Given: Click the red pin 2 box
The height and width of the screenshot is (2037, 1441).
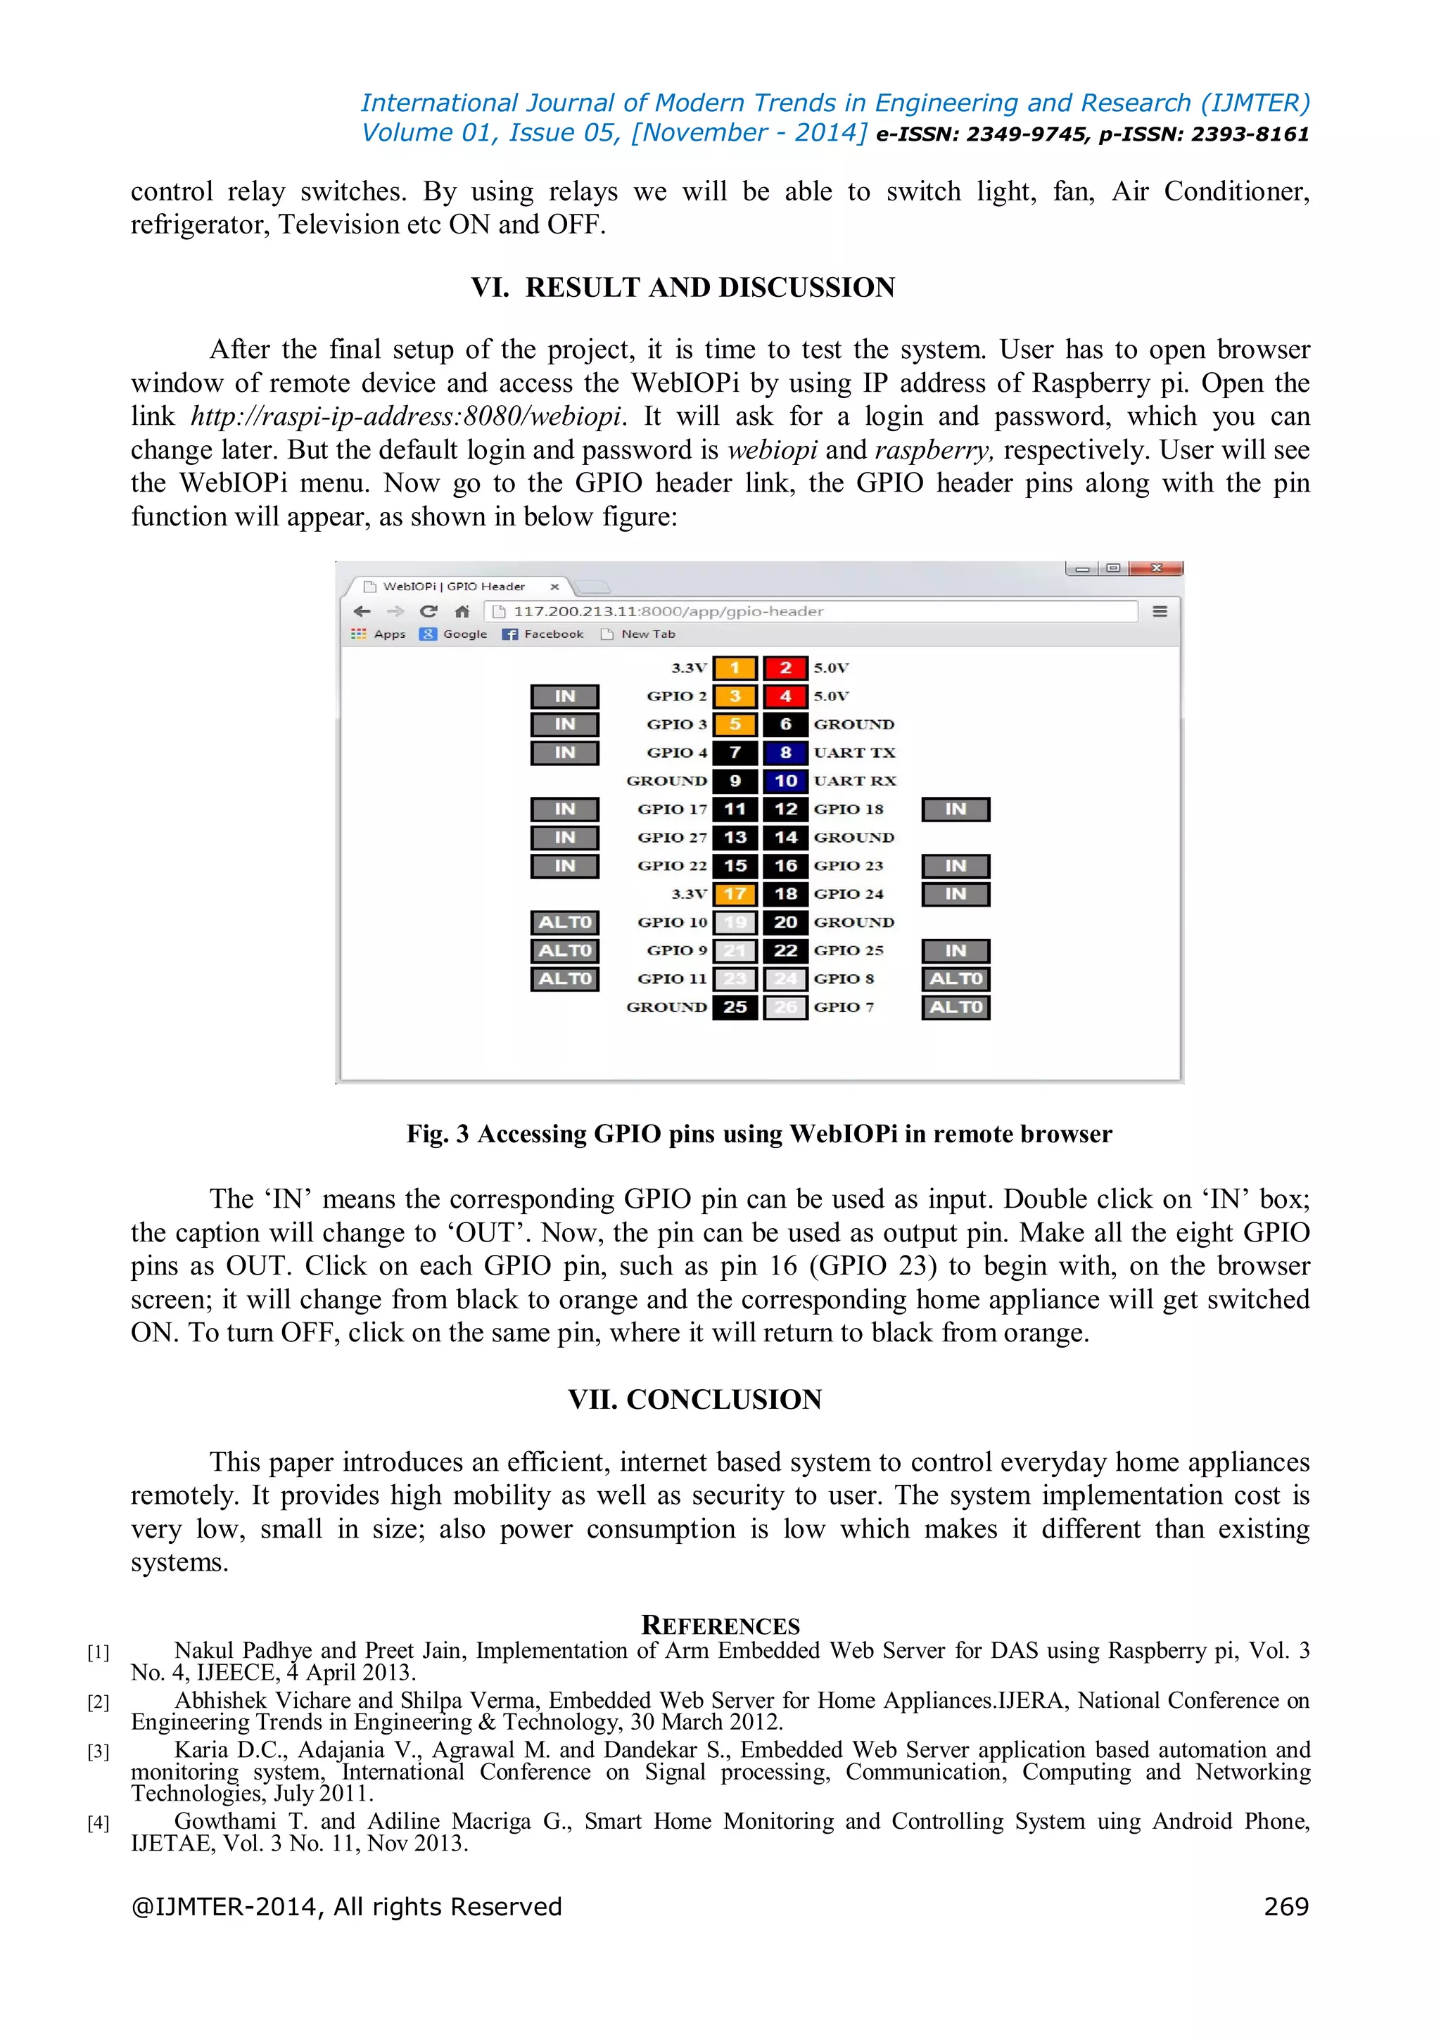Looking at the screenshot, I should pos(785,668).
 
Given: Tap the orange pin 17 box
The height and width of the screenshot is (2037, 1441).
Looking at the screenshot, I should pos(735,894).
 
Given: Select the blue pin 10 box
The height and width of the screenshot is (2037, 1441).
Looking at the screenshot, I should pos(785,781).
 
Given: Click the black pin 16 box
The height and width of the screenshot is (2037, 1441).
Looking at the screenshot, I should pos(785,866).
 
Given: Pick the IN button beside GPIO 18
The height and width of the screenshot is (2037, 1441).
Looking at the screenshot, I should pos(956,809).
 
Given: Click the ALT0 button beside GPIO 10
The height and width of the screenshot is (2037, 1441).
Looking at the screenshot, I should pos(565,923).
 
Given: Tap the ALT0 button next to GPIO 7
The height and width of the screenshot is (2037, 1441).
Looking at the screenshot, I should pos(956,1008).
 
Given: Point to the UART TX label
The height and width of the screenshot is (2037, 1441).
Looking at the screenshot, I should pos(854,753).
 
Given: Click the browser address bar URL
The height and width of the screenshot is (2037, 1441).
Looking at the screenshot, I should pos(668,611).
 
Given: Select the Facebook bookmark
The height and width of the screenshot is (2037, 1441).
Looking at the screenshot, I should pos(544,634).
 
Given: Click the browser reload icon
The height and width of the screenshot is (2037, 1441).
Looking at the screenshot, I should pos(429,611).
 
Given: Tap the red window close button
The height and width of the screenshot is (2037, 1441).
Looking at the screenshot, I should pos(1156,568).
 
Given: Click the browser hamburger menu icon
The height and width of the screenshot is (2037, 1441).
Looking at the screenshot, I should pos(1160,611).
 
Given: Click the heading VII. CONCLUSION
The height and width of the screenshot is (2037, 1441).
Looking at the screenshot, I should pos(694,1399).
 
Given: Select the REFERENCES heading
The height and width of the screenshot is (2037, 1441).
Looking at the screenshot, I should pos(720,1626).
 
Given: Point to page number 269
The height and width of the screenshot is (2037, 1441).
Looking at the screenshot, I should pos(1286,1907).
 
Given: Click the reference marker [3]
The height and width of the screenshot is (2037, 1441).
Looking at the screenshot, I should pos(98,1751).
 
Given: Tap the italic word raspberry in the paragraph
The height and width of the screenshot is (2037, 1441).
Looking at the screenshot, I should pos(932,449).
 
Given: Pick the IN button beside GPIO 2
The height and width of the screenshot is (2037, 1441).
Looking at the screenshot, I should pos(565,696).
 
